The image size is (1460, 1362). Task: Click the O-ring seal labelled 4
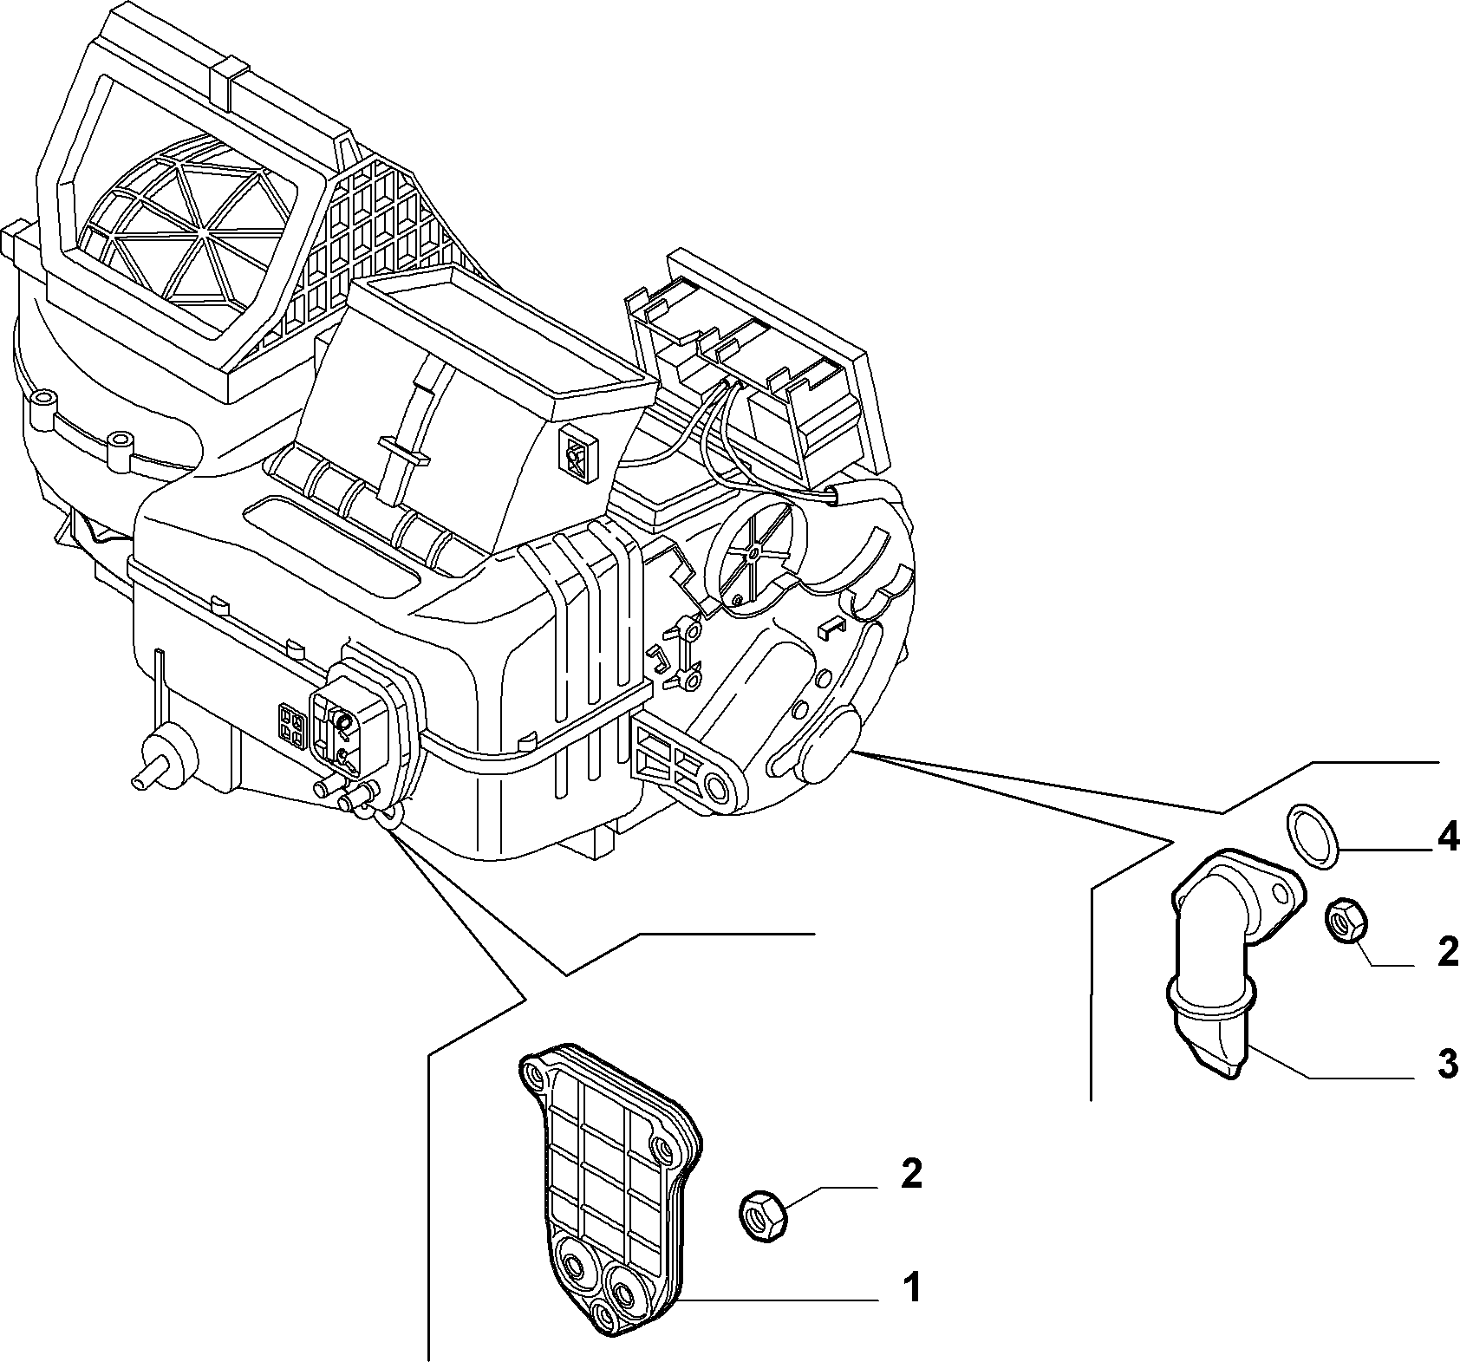point(1312,835)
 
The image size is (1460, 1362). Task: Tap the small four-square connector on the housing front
point(290,726)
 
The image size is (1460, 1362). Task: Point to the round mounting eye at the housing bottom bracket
point(716,788)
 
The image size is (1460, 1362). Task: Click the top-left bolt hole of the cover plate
point(534,1078)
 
